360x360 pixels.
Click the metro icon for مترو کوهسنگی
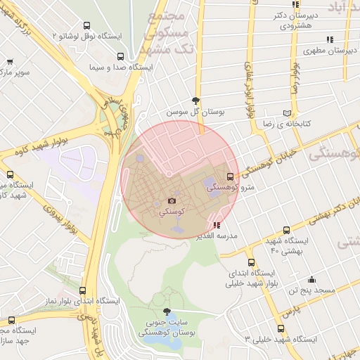230,176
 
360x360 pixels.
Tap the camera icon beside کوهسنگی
171,201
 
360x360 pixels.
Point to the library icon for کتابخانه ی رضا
285,112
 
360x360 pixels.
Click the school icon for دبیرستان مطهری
329,40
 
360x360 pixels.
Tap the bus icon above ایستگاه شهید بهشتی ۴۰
285,231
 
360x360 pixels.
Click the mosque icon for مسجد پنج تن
311,279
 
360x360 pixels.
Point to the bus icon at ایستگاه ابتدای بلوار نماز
83,290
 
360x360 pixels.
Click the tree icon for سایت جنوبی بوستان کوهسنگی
167,311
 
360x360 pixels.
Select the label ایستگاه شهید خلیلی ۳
281,340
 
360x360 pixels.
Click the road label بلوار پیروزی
60,219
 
